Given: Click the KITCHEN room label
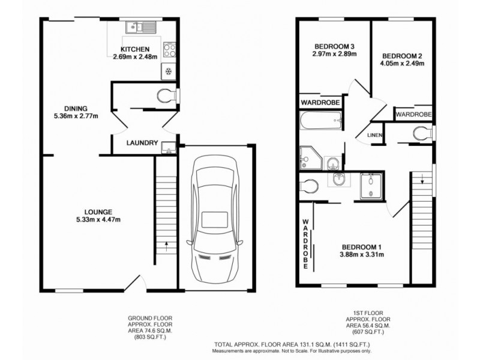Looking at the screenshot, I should point(135,49).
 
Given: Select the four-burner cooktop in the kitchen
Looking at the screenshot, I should point(170,50).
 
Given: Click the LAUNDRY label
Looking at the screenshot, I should point(142,143).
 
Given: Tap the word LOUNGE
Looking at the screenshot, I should point(98,211).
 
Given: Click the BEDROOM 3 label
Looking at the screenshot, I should point(335,47).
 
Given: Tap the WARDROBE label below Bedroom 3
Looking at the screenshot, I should point(321,103).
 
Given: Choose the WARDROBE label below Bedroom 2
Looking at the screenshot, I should point(414,114).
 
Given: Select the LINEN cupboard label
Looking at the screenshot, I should point(376,135).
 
